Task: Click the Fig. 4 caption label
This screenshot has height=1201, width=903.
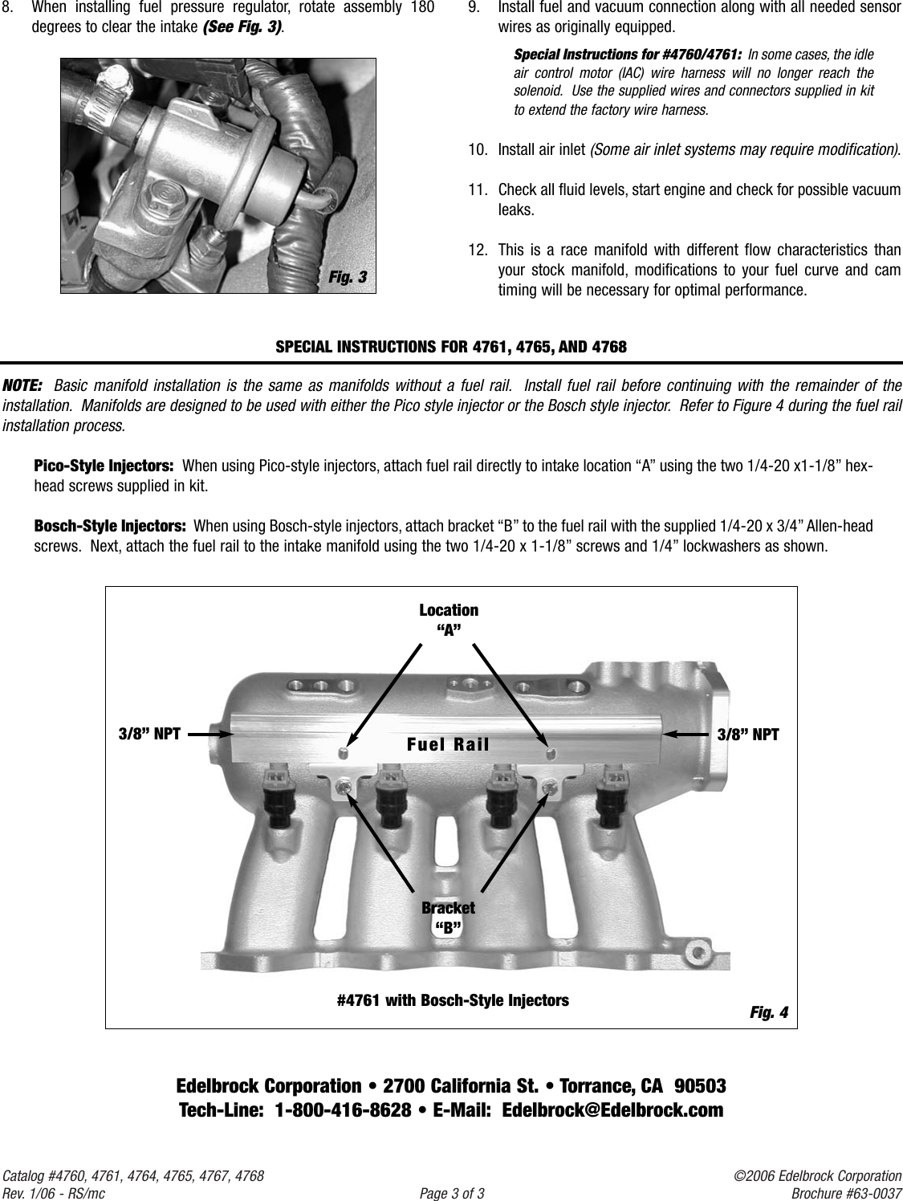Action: click(768, 1012)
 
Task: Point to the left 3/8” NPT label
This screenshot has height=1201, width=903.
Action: click(149, 734)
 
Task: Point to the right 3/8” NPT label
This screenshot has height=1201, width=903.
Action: click(747, 734)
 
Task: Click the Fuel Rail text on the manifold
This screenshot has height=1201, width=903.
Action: click(448, 743)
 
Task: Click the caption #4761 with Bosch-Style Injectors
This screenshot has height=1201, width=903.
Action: click(453, 1000)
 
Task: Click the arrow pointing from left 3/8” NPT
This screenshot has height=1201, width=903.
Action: click(211, 733)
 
